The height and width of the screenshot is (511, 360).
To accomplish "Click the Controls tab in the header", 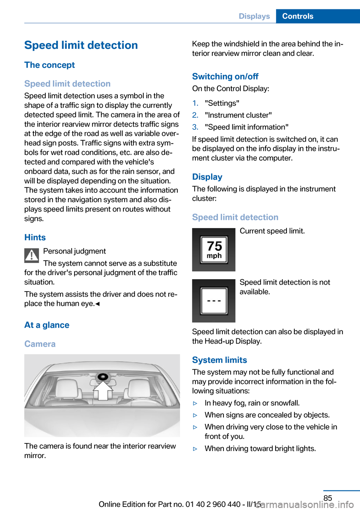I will (x=298, y=16).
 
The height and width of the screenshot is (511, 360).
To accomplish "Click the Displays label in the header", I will (x=254, y=16).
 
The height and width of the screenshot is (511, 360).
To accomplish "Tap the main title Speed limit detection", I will (x=81, y=45).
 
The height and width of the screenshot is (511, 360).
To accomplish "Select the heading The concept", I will (x=49, y=65).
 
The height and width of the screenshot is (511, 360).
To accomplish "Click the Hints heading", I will (x=35, y=237).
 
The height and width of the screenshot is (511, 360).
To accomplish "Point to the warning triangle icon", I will (x=32, y=255).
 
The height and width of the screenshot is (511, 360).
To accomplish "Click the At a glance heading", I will (x=47, y=325).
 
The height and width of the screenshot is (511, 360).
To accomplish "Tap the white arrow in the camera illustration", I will (x=103, y=391).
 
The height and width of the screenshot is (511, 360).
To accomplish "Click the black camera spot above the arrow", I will (x=103, y=377).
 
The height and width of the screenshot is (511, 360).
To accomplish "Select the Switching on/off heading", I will (x=225, y=77).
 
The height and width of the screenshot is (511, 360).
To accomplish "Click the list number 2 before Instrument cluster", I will (x=195, y=115).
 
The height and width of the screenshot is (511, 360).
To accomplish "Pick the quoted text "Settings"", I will (x=222, y=103).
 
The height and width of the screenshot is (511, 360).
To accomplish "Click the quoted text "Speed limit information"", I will (x=246, y=127).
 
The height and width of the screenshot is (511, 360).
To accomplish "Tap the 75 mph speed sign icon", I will (x=214, y=249).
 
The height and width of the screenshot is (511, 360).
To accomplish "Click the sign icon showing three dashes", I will (x=214, y=301).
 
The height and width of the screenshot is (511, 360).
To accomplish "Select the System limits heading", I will (x=219, y=360).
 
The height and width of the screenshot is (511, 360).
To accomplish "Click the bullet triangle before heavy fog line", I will (x=195, y=403).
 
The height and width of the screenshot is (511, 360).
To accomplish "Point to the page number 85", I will (x=328, y=498).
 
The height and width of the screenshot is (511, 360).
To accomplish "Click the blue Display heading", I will (x=207, y=177).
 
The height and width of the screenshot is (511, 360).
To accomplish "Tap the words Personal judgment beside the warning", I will (x=75, y=251).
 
